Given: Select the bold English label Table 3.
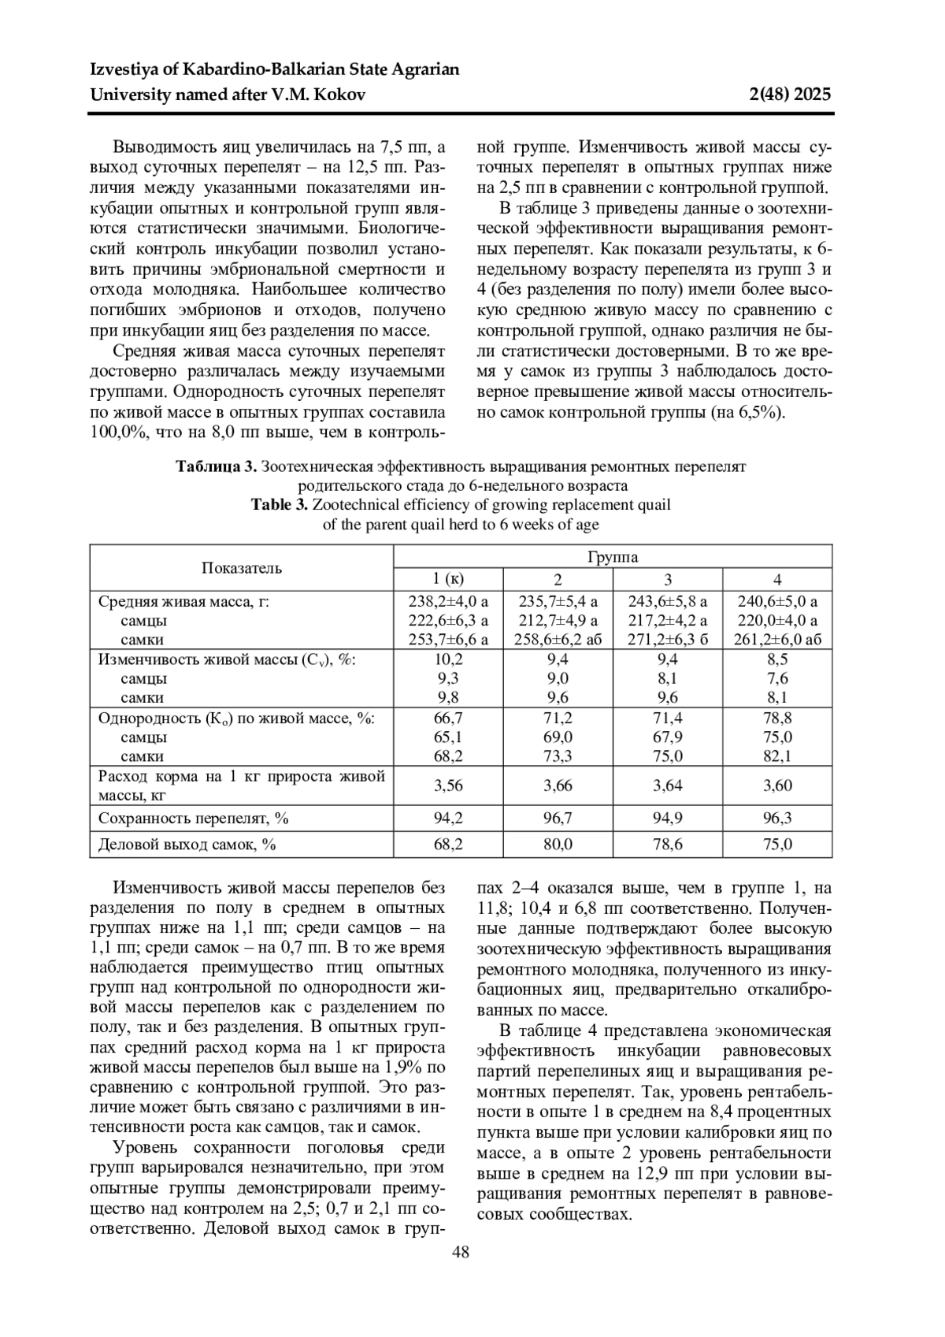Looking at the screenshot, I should pyautogui.click(x=279, y=504).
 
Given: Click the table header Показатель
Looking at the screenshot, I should pyautogui.click(x=241, y=567).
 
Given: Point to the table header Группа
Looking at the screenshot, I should pyautogui.click(x=612, y=557).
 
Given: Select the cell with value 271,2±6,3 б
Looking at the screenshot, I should pyautogui.click(x=667, y=639).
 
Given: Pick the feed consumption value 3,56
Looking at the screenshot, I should pyautogui.click(x=448, y=785).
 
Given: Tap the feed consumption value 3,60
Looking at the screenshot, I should pyautogui.click(x=777, y=785).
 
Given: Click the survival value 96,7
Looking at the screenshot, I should pyautogui.click(x=558, y=819).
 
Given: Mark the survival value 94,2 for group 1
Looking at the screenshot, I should pyautogui.click(x=448, y=819).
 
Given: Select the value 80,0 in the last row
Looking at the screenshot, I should pyautogui.click(x=558, y=844).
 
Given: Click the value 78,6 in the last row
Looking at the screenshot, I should pyautogui.click(x=667, y=844).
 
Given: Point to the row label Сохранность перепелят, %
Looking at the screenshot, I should pyautogui.click(x=193, y=819).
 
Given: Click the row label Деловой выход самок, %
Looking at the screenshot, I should pyautogui.click(x=187, y=844).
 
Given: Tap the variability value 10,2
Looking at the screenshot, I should pyautogui.click(x=448, y=659).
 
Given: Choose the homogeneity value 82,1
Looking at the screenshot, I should pyautogui.click(x=777, y=756).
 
